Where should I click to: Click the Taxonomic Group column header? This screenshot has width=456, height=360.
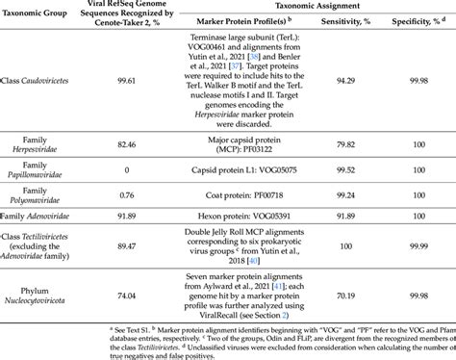42,13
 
